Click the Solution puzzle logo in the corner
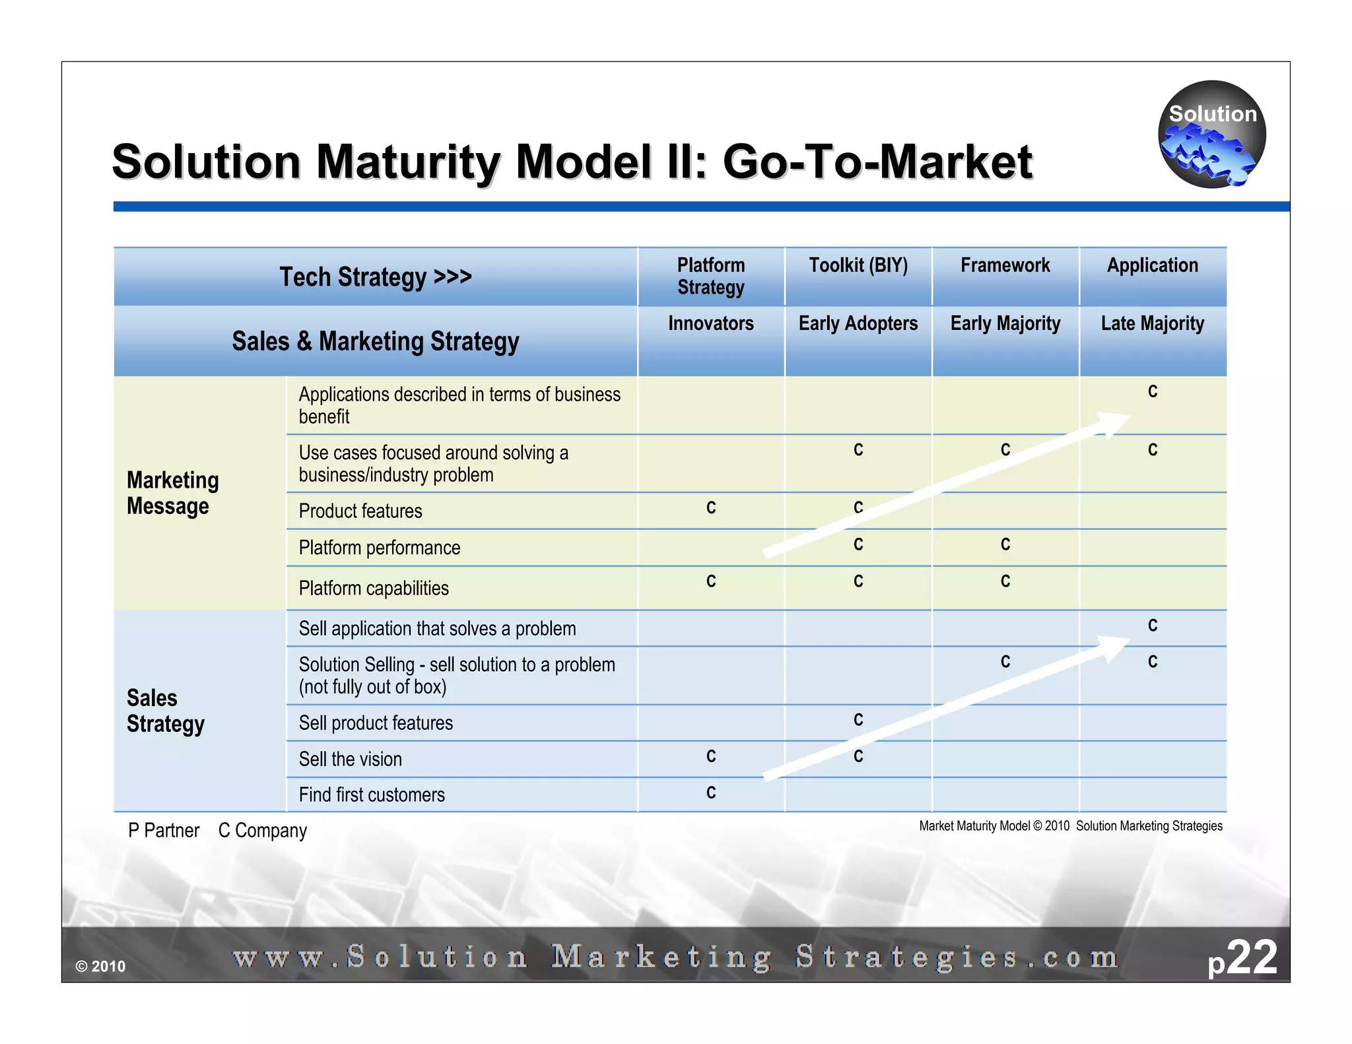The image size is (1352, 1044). [1211, 135]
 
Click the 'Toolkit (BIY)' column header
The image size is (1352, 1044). [858, 265]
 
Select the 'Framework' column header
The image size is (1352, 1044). [1005, 265]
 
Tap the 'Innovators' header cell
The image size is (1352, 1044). [710, 323]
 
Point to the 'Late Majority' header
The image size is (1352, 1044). [1152, 323]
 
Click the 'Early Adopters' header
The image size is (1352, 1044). [858, 323]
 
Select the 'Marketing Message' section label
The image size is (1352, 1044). [172, 493]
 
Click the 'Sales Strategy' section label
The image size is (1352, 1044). [165, 711]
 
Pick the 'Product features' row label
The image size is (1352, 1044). [360, 511]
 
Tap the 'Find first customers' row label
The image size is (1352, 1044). [372, 795]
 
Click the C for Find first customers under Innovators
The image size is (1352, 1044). [711, 793]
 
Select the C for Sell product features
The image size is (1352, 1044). [858, 720]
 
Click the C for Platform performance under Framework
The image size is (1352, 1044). [1005, 544]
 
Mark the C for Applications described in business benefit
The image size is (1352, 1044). [1153, 392]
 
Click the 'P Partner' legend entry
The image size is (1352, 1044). [164, 830]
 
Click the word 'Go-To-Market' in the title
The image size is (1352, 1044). [877, 162]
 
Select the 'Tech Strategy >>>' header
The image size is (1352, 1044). [376, 277]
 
